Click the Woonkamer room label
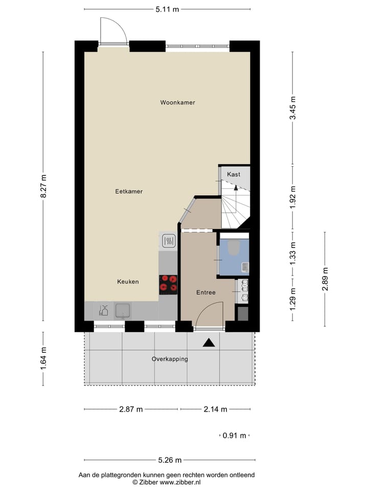click(177, 103)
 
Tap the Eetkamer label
click(129, 191)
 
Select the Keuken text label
click(128, 282)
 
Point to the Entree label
click(206, 293)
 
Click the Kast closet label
click(234, 174)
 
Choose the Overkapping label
click(170, 359)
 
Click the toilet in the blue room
click(234, 248)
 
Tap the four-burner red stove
click(168, 284)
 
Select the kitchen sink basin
click(123, 310)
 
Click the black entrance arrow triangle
click(208, 343)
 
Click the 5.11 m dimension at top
click(167, 9)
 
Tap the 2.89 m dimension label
click(325, 279)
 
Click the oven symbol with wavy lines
click(168, 240)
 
